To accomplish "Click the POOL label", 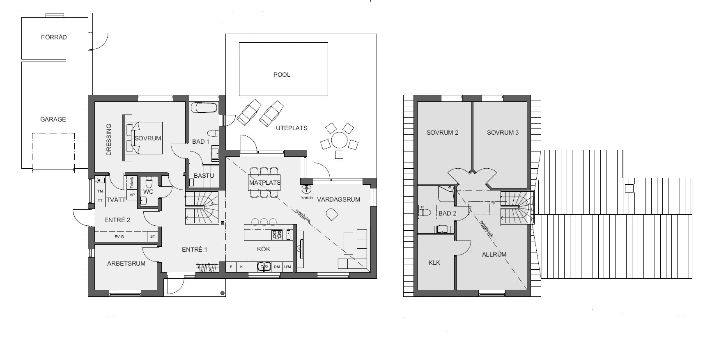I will tap(282, 75).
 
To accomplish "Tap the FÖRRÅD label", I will tap(54, 37).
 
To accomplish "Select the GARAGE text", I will tap(53, 119).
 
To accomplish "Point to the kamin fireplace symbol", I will tap(306, 189).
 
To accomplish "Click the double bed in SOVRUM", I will tap(144, 138).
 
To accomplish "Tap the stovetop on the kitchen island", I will tap(277, 234).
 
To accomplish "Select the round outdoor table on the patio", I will tap(339, 140).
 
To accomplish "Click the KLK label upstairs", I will tap(434, 263).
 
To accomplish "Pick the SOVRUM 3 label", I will tap(503, 133).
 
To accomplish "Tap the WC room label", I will tap(148, 192).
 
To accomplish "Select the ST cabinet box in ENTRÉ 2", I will tap(153, 236).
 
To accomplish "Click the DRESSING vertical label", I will tap(109, 140).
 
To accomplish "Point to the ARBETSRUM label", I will tap(126, 264).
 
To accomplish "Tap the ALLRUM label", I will tap(494, 255).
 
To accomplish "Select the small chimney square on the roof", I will tap(629, 188).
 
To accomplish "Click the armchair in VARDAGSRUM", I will tap(332, 214).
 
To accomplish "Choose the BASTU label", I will tap(204, 176).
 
